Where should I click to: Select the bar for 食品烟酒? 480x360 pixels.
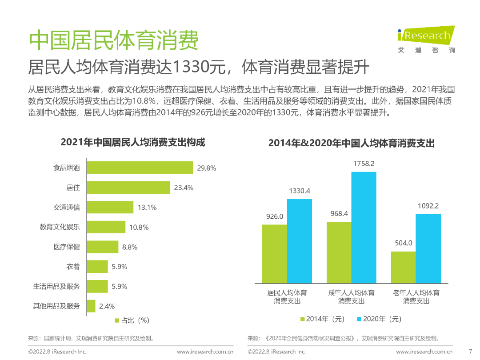click(x=140, y=168)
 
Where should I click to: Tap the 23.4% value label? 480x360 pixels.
click(x=184, y=188)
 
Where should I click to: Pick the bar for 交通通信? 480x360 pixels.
click(x=110, y=207)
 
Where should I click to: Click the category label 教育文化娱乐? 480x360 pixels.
click(x=60, y=227)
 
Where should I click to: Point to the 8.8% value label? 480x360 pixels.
click(x=130, y=247)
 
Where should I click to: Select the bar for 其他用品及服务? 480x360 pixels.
click(x=91, y=306)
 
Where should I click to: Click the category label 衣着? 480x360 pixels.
click(x=73, y=267)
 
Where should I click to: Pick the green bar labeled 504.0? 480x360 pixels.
click(x=403, y=267)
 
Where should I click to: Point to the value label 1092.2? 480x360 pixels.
click(x=428, y=206)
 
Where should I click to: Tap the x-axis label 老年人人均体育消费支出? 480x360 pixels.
click(x=416, y=297)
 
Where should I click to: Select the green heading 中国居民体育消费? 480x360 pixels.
click(x=113, y=41)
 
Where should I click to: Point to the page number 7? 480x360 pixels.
click(x=471, y=351)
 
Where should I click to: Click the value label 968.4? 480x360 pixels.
click(x=339, y=214)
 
